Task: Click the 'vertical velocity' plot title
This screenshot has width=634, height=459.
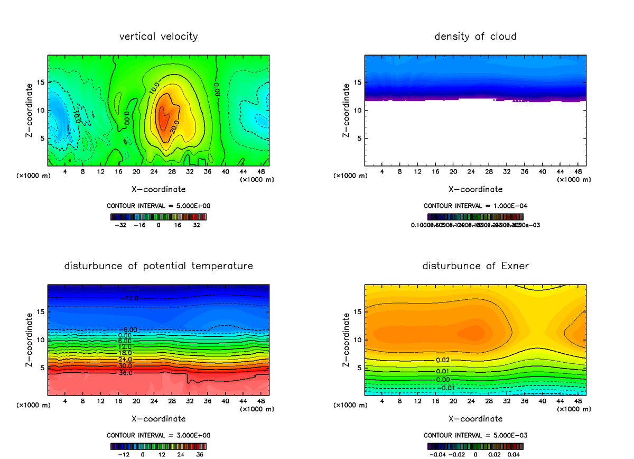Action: click(158, 36)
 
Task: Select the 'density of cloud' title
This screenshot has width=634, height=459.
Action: click(475, 36)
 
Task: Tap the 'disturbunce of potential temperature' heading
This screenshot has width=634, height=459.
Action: click(158, 265)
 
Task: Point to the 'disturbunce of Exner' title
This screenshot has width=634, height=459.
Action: click(475, 265)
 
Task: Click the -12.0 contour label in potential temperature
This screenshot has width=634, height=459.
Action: click(129, 299)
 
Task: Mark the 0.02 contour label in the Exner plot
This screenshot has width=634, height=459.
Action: click(443, 360)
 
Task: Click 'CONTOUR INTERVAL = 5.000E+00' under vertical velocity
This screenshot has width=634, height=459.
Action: click(158, 205)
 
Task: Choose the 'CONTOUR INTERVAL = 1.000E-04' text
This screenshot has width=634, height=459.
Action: click(475, 205)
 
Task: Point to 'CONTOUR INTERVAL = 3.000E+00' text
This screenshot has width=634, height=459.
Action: click(158, 435)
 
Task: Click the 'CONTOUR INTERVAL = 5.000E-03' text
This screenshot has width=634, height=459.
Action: click(475, 435)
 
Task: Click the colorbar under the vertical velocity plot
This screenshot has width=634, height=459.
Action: click(158, 216)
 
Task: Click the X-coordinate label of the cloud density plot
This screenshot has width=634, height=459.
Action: click(475, 189)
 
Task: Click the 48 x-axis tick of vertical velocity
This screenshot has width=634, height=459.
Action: click(260, 172)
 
